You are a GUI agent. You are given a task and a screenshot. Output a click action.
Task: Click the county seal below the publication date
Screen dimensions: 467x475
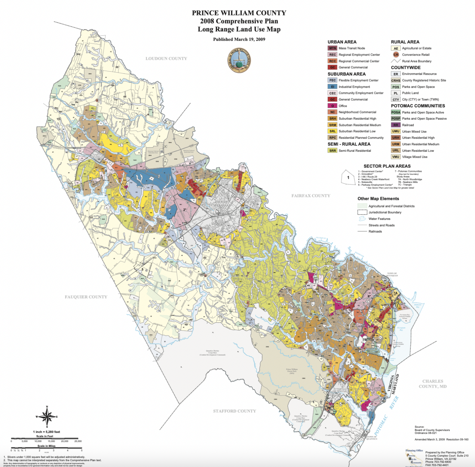pyautogui.click(x=239, y=61)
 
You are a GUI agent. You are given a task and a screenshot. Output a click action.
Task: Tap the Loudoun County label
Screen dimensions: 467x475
pyautogui.click(x=166, y=59)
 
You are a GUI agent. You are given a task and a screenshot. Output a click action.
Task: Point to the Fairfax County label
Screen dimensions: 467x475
pyautogui.click(x=311, y=196)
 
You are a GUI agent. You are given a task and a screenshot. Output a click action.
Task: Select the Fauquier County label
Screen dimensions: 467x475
pyautogui.click(x=86, y=297)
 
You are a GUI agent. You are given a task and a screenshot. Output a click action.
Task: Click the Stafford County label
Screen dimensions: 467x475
pyautogui.click(x=234, y=411)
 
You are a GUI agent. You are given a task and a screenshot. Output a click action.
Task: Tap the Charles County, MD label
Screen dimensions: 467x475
pyautogui.click(x=432, y=384)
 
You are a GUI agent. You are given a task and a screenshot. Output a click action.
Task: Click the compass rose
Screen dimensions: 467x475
pyautogui.click(x=47, y=417)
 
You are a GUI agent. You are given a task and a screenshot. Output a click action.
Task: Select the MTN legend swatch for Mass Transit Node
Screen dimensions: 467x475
pyautogui.click(x=332, y=48)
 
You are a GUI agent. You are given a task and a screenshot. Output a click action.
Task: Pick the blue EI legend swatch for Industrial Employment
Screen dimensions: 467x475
pyautogui.click(x=332, y=87)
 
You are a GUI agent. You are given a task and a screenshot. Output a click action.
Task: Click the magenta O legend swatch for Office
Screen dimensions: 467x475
pyautogui.click(x=332, y=106)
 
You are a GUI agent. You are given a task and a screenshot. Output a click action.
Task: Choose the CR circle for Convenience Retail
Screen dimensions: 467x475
pyautogui.click(x=396, y=55)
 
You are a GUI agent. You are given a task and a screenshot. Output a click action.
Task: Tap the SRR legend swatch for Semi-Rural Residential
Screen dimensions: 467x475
pyautogui.click(x=332, y=151)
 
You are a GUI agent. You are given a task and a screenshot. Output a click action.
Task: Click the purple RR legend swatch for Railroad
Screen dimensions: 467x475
pyautogui.click(x=395, y=125)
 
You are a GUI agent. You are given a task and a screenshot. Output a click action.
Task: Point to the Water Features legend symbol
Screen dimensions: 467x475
pyautogui.click(x=362, y=219)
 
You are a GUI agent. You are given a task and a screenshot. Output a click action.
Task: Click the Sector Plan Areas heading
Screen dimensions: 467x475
pyautogui.click(x=387, y=166)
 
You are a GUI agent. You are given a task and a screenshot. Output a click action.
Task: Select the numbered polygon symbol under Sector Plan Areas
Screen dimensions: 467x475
pyautogui.click(x=348, y=178)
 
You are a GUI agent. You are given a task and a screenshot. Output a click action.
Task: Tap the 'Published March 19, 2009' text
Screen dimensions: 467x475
pyautogui.click(x=239, y=39)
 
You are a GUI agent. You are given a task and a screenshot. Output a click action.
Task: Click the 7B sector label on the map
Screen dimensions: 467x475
pyautogui.click(x=364, y=340)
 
